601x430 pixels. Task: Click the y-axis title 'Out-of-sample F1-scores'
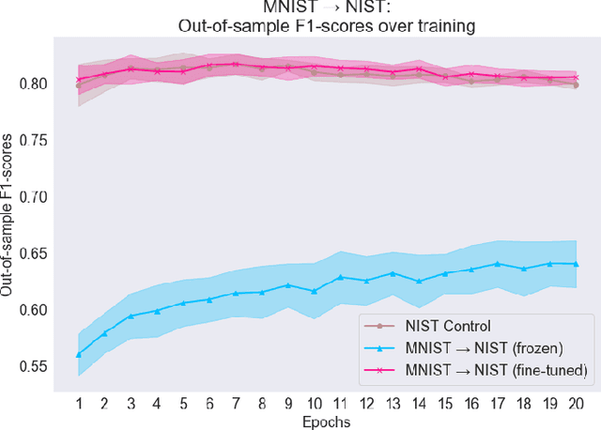[x=8, y=215]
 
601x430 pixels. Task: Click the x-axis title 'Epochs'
[x=327, y=422]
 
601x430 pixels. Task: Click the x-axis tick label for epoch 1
[x=78, y=403]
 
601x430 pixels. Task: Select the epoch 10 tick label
[x=314, y=403]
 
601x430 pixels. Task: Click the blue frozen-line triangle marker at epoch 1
[x=78, y=354]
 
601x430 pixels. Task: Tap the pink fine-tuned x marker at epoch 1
[x=78, y=80]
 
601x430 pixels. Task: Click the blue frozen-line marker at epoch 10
[x=314, y=291]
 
